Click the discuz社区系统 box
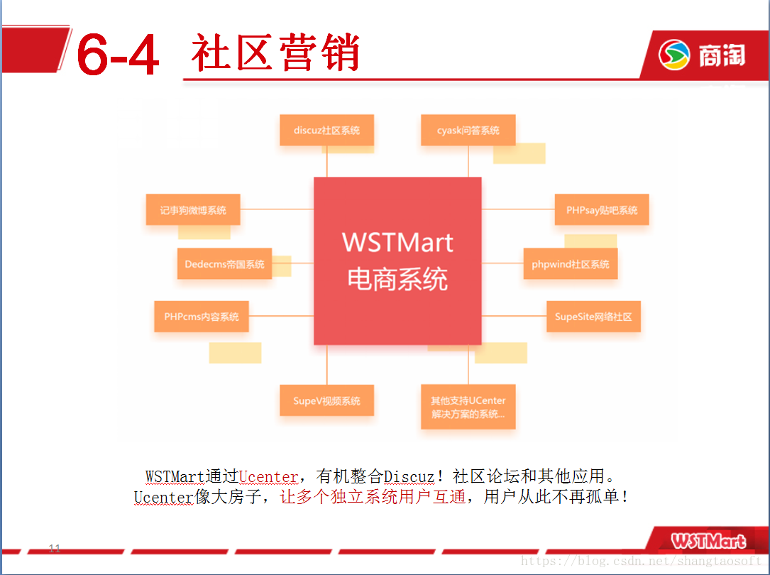[326, 130]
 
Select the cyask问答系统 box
[468, 130]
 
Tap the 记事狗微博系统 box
[193, 209]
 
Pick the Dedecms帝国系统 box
[224, 263]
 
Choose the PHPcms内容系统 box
[202, 317]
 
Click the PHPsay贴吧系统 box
[602, 209]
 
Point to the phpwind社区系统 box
[570, 263]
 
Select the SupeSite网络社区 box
[593, 317]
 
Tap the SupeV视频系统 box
[326, 400]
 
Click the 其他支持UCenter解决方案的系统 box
[468, 407]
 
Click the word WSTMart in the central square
[397, 243]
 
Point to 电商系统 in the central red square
[397, 280]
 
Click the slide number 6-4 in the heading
[118, 54]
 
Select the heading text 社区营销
[275, 52]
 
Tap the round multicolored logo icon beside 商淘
[673, 55]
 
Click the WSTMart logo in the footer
[708, 541]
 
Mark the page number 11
[55, 548]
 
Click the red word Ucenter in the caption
[269, 476]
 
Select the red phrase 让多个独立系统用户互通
[373, 497]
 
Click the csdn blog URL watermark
[642, 561]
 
